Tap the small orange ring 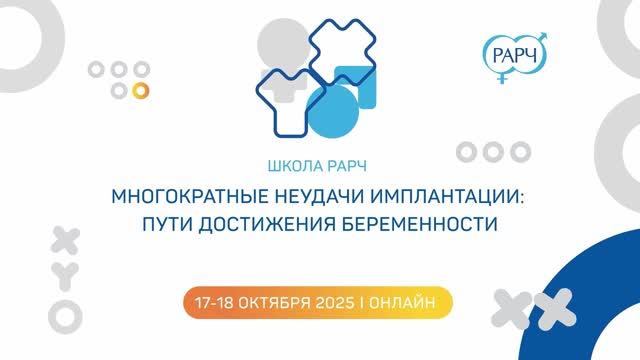coord(141,90)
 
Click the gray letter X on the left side coord(65,238)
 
